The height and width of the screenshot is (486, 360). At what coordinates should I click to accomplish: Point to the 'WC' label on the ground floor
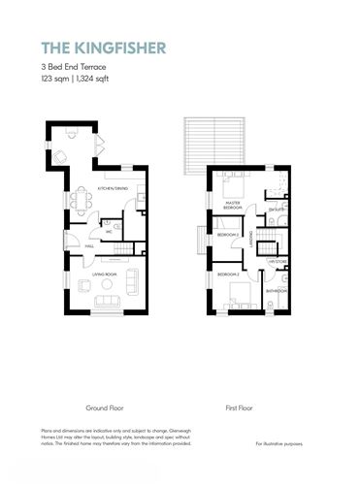pos(110,232)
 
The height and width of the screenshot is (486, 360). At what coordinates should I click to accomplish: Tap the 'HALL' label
pos(89,246)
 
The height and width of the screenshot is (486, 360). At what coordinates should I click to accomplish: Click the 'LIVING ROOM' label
pos(106,275)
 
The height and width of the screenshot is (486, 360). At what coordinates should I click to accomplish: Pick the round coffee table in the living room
pos(106,288)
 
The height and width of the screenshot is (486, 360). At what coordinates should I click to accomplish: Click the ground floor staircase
pos(120,251)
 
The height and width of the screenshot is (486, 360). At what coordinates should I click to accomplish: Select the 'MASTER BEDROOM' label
pos(233,206)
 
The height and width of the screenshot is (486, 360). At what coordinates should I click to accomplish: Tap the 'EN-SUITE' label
pos(276,209)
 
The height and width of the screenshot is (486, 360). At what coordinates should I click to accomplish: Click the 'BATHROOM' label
pos(277,290)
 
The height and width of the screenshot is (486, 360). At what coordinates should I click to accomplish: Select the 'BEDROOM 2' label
pos(228,275)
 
